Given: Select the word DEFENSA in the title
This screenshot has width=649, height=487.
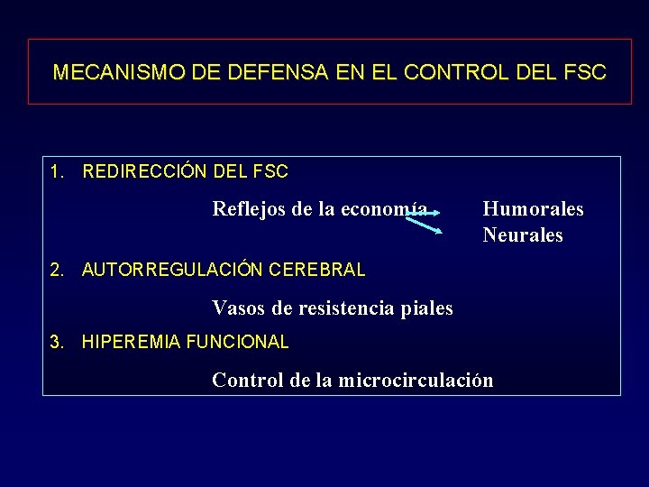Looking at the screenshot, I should (251, 72).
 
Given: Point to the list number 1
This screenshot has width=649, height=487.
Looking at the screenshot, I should (57, 171).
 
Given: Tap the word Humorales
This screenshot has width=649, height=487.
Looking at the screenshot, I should (533, 209).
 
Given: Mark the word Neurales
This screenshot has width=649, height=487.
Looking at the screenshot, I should (522, 235).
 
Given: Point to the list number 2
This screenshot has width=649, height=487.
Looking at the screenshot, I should (57, 270).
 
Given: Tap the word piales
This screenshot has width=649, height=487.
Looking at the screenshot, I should (428, 308).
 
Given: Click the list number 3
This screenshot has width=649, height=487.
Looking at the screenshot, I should (57, 343).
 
